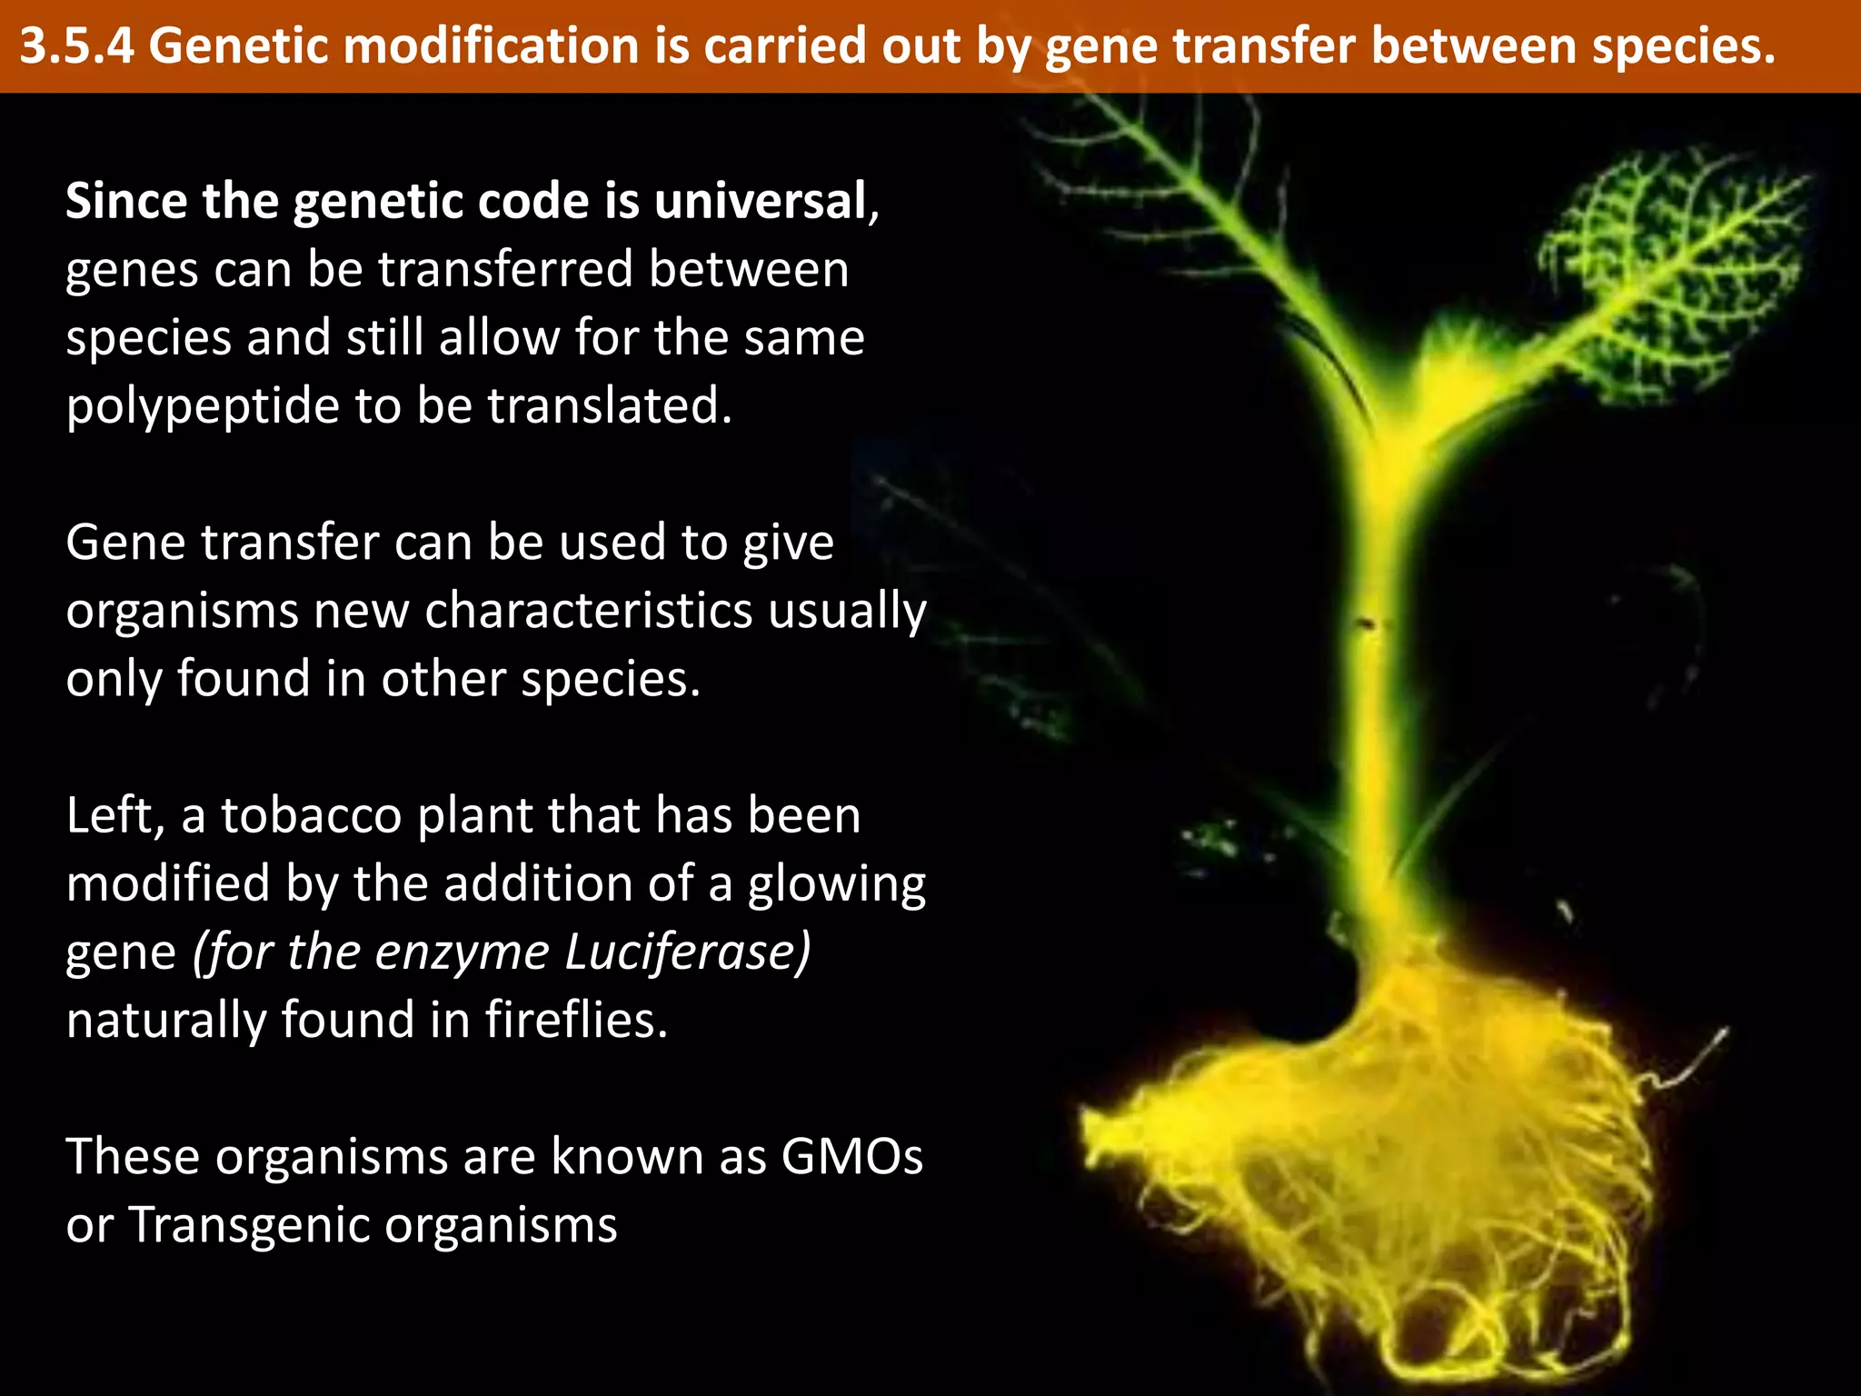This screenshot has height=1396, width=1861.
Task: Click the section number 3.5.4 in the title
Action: (77, 45)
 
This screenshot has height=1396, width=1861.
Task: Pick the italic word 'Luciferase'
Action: (687, 952)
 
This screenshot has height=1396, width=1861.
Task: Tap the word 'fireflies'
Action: (576, 1020)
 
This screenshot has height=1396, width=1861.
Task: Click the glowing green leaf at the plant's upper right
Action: (1672, 273)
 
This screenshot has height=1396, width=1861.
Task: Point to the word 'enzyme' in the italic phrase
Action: (463, 952)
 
